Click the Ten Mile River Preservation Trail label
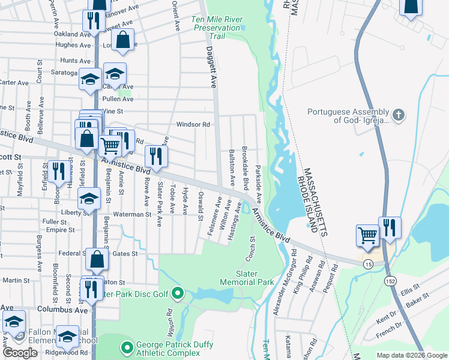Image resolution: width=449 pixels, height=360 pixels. (217, 28)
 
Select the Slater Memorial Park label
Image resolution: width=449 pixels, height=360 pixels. (247, 278)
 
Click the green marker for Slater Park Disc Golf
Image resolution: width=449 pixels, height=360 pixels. (177, 293)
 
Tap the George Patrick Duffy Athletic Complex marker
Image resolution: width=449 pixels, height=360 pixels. (127, 347)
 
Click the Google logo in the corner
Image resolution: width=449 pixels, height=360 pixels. (20, 353)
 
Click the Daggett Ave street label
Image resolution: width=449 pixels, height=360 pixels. (211, 68)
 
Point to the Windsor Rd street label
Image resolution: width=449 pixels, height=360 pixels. (192, 125)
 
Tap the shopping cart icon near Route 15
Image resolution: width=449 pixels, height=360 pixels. (367, 234)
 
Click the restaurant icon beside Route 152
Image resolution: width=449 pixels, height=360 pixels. (390, 228)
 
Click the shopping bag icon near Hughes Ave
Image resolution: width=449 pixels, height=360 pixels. (123, 40)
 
